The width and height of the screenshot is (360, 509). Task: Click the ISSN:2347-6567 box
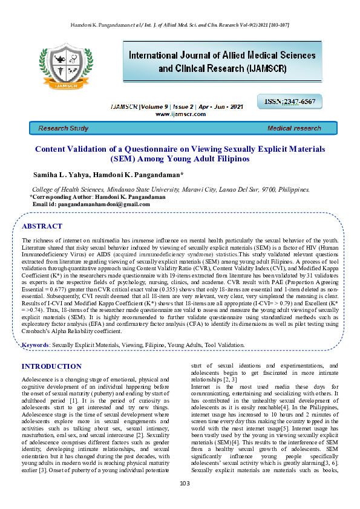[289, 101]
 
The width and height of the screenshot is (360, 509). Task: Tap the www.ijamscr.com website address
[180, 114]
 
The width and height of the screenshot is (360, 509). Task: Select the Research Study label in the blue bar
[64, 128]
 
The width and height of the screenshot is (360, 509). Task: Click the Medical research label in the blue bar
[294, 128]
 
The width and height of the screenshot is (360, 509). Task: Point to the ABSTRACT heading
[42, 226]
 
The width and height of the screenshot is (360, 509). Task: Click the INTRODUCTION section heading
[51, 366]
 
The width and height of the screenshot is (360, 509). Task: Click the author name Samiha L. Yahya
[61, 175]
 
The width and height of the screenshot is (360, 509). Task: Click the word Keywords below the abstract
[35, 345]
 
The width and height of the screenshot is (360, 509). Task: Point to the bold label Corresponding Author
[56, 197]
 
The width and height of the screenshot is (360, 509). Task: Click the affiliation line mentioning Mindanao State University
[171, 189]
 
